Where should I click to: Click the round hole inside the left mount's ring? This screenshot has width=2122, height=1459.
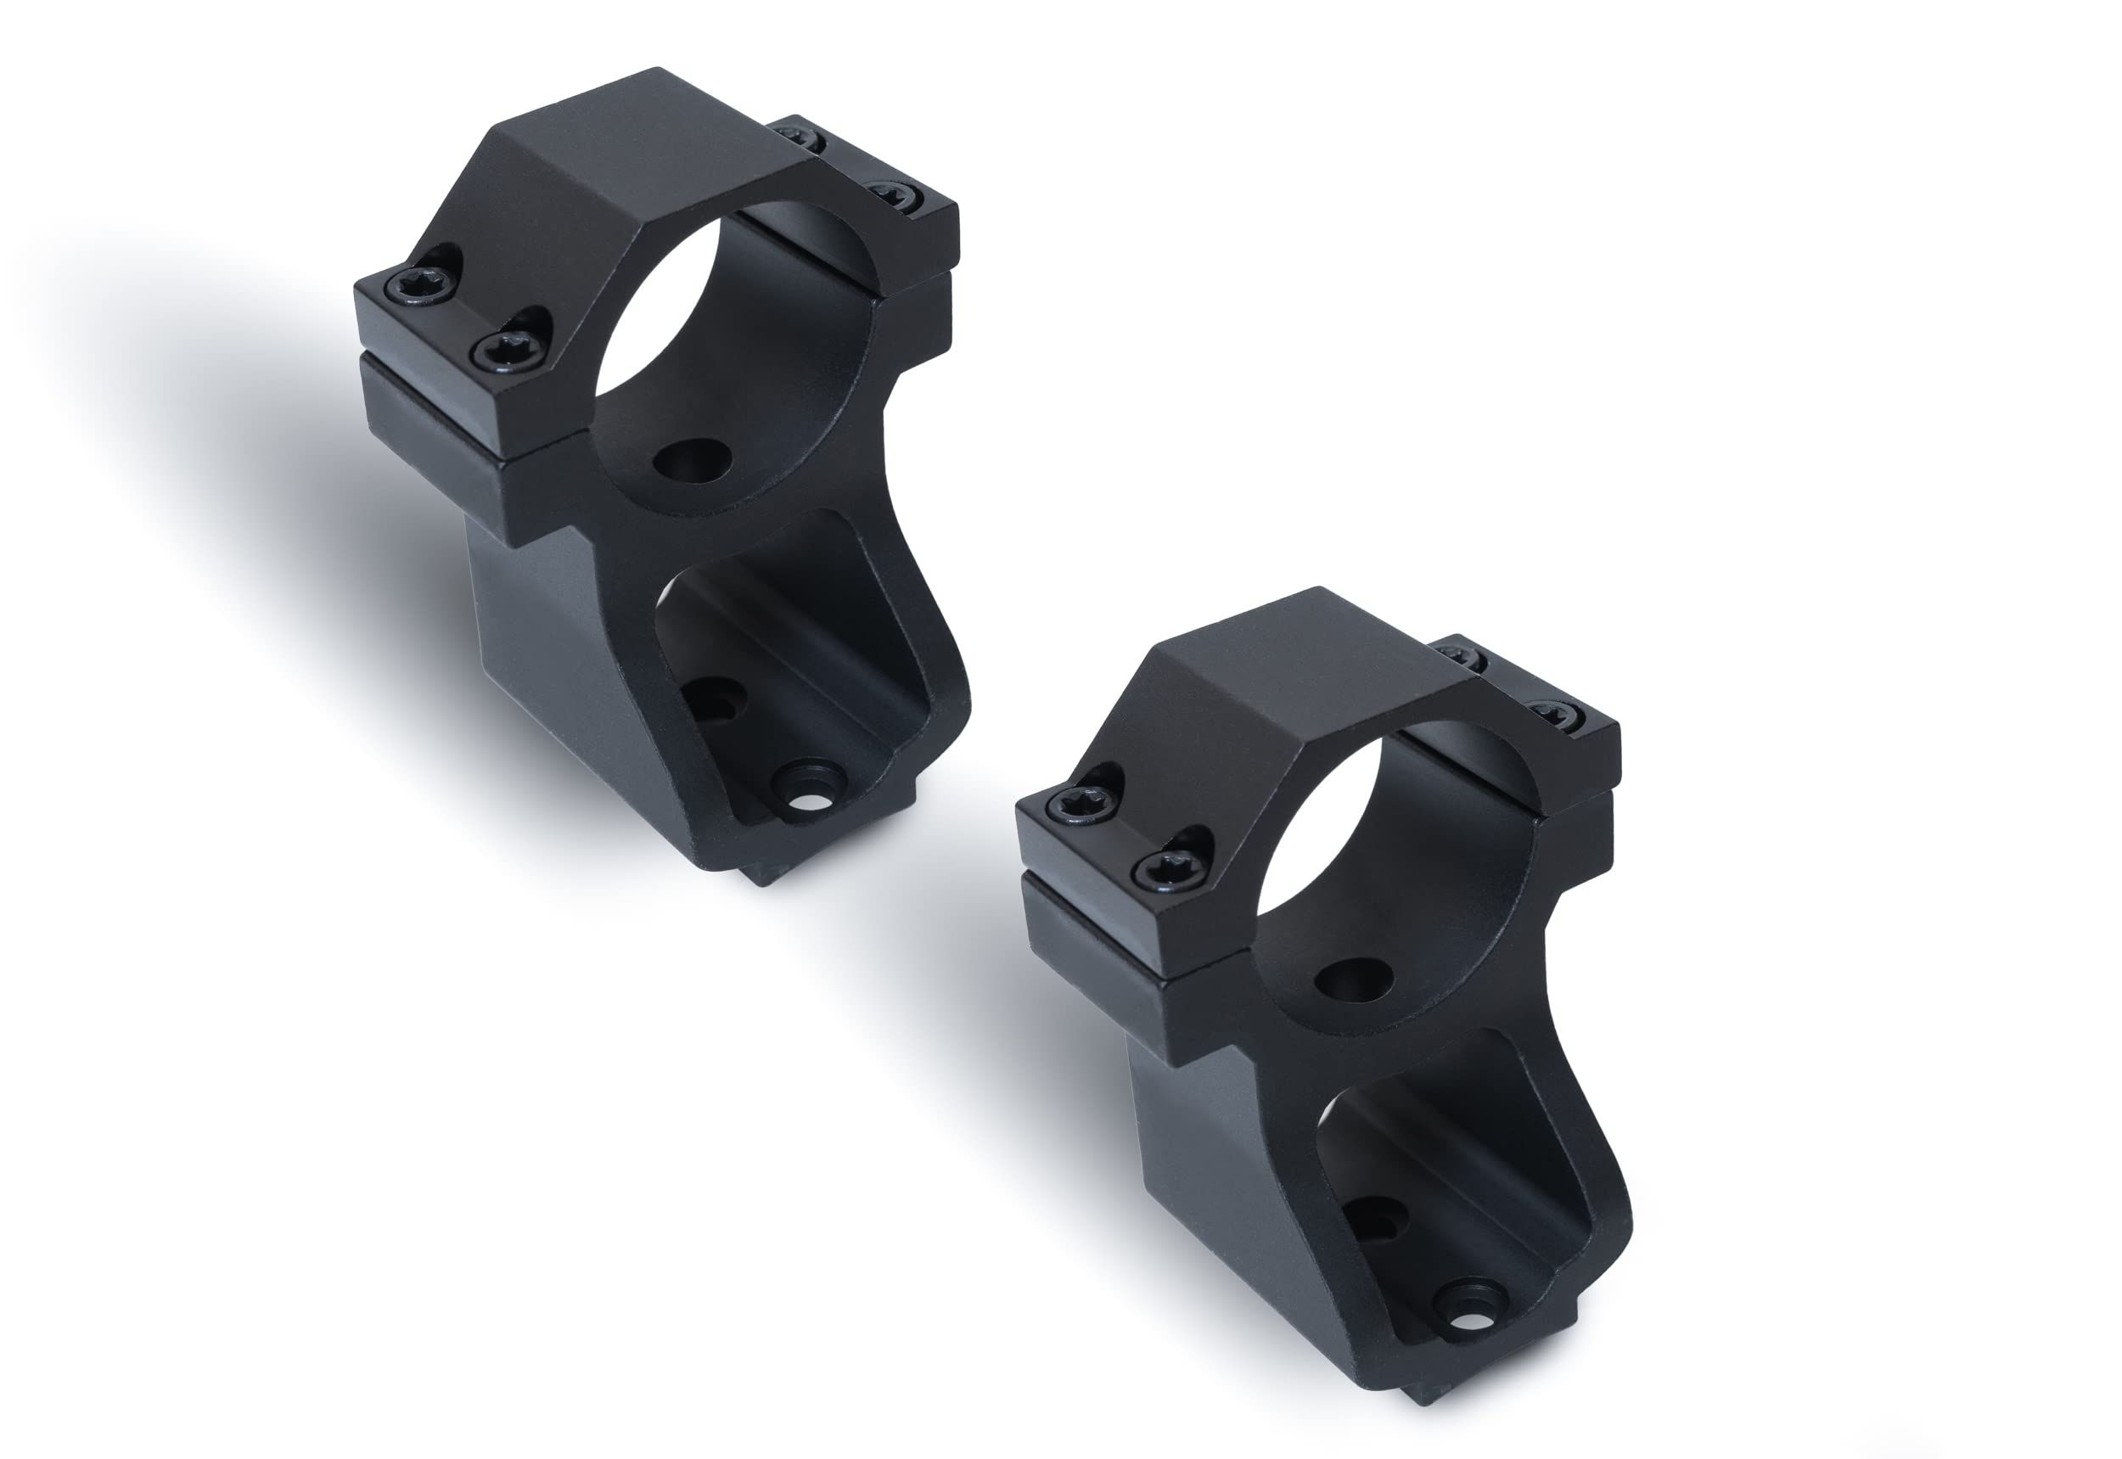[x=691, y=460]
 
